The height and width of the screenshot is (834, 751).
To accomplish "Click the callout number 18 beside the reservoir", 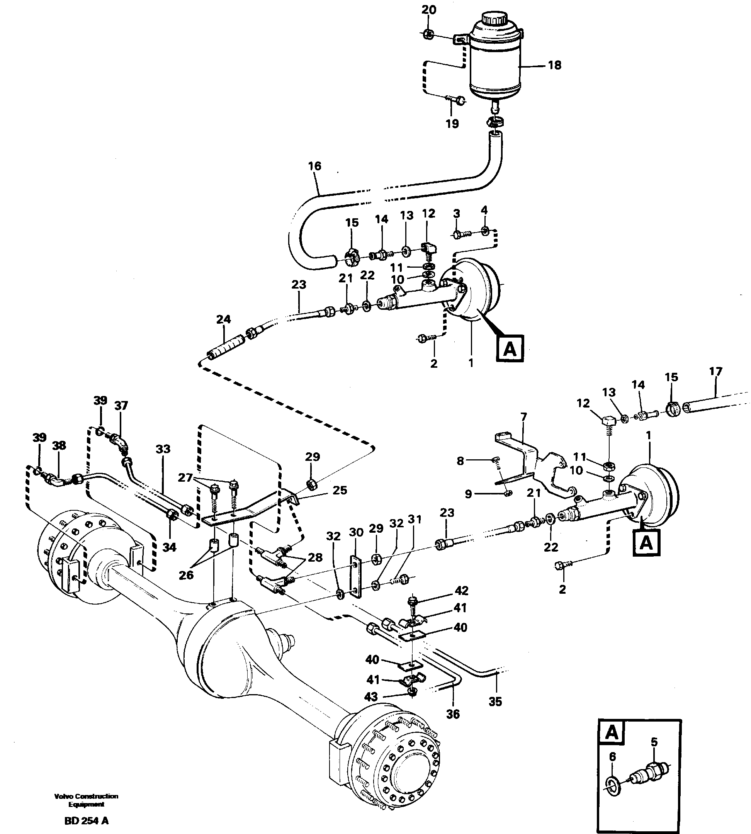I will [555, 65].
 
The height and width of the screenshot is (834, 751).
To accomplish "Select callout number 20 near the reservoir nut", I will [429, 10].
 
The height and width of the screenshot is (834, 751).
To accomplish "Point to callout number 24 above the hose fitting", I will [223, 319].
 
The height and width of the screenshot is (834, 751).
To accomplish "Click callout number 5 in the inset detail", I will [654, 742].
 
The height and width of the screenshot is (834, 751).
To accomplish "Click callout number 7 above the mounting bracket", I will [523, 417].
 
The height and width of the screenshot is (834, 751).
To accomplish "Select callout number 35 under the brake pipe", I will [495, 701].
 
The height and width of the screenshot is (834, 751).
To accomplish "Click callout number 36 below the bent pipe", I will [453, 714].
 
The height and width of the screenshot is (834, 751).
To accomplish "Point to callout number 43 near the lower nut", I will [371, 696].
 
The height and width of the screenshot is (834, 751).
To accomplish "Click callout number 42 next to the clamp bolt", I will [461, 591].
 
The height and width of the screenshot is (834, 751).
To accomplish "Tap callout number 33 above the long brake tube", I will [163, 448].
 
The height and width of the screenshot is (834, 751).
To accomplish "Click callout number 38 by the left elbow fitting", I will [59, 445].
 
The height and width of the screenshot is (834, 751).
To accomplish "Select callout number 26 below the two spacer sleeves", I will [186, 575].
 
